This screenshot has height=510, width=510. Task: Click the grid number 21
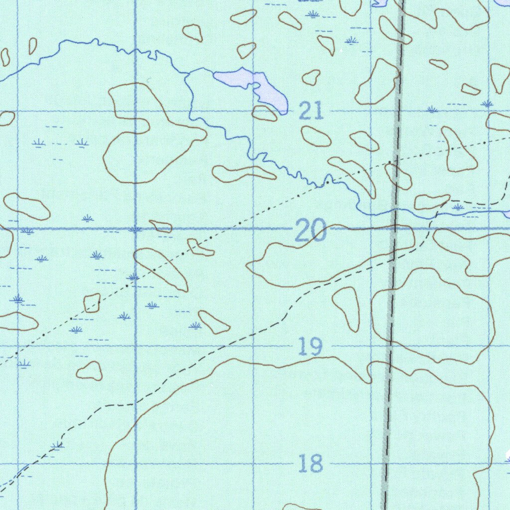point(312,111)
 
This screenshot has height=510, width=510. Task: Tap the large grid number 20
point(311,231)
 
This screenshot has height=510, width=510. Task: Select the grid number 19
point(311,346)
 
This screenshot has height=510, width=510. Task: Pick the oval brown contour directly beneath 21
point(316,136)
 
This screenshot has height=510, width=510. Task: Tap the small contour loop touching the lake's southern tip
point(264,114)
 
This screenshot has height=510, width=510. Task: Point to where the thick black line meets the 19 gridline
point(390,346)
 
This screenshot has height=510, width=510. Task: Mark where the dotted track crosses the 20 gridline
point(227,229)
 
